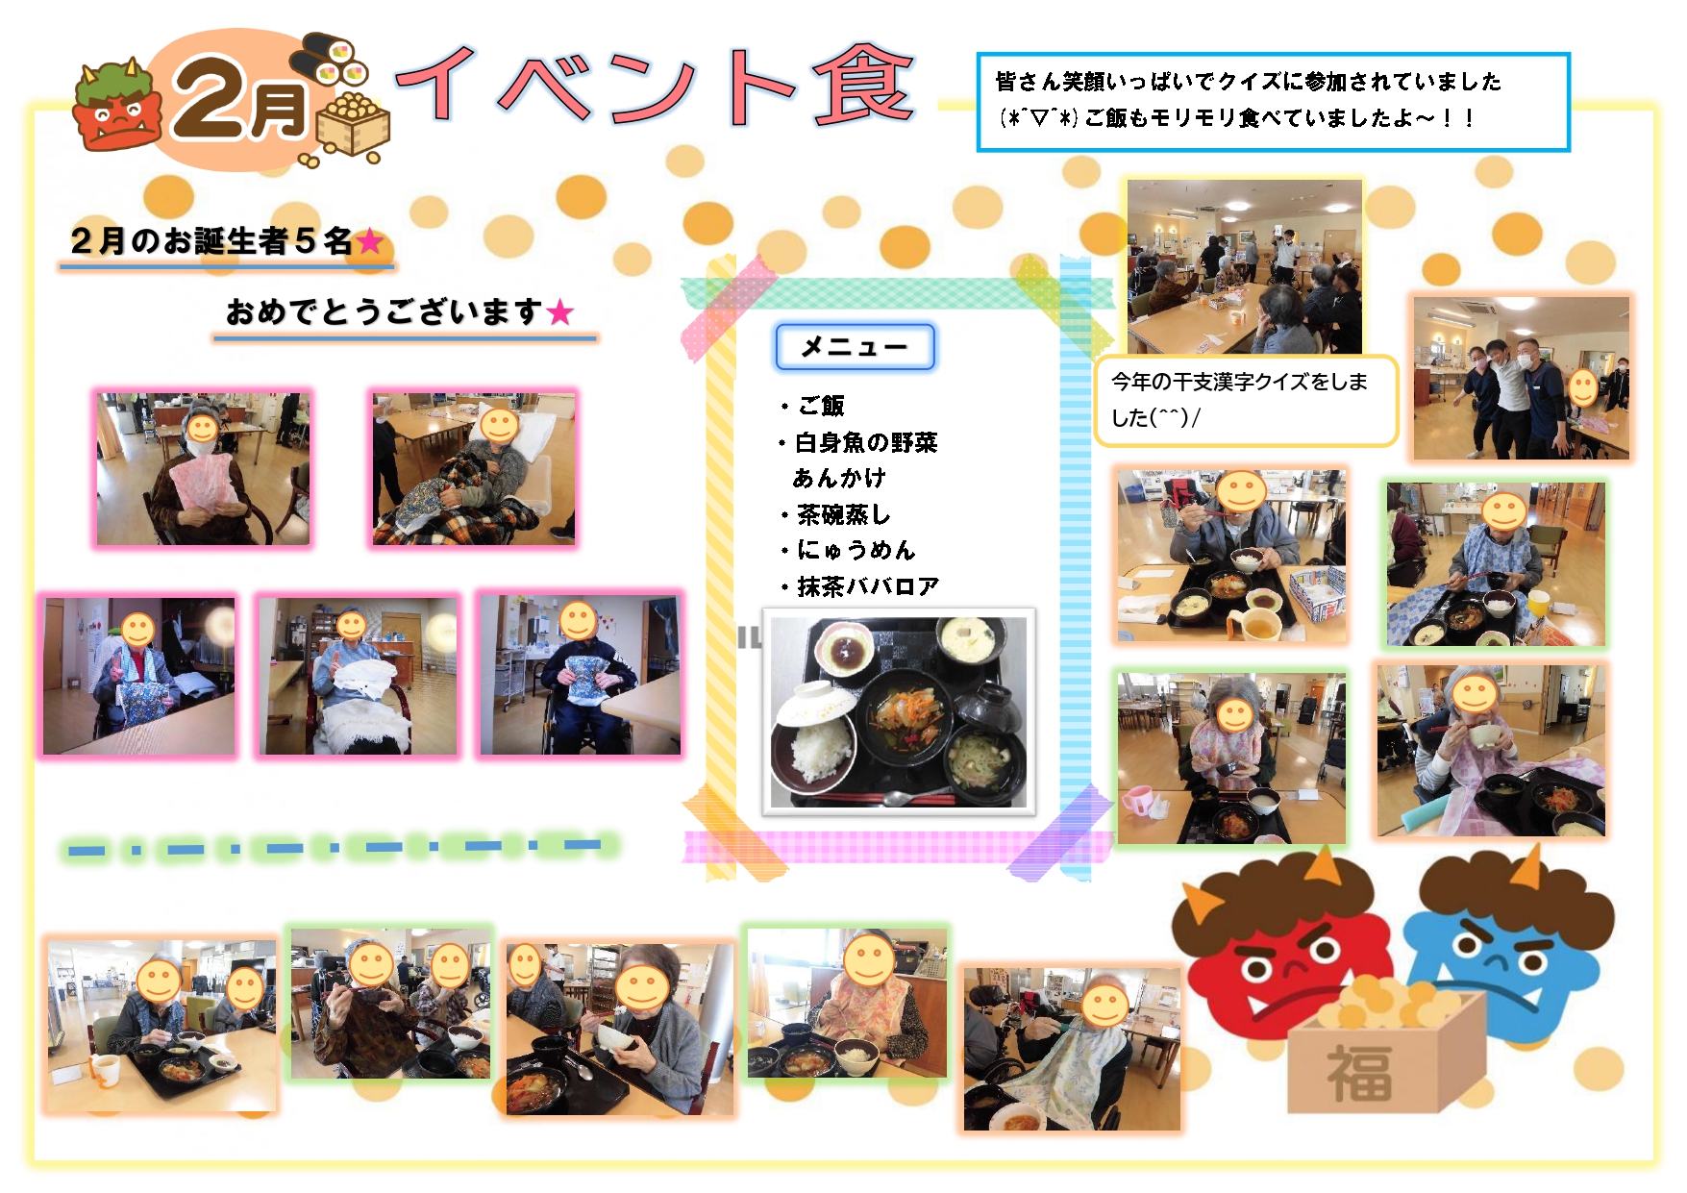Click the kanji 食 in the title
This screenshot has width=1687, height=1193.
[862, 86]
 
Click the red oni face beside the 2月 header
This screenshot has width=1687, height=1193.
[115, 108]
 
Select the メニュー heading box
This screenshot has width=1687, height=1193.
[855, 347]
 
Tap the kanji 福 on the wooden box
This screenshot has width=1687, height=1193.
[1359, 1073]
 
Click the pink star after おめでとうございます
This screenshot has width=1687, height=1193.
[559, 312]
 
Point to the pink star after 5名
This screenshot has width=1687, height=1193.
[370, 241]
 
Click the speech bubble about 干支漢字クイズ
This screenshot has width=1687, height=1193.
[1245, 400]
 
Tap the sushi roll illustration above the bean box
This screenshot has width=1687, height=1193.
[330, 59]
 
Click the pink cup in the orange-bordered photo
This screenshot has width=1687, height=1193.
[1137, 800]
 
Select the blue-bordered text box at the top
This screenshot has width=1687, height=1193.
[1273, 102]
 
